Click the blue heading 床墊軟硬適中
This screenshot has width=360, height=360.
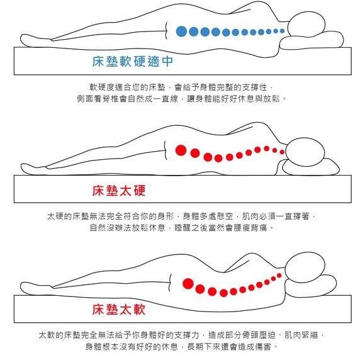132,61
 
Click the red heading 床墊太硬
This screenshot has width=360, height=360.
119,191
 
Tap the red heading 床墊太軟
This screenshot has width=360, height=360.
119,310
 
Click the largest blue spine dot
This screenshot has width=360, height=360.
181,31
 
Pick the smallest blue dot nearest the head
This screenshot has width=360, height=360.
282,31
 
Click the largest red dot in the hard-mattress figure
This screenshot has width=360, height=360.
181,150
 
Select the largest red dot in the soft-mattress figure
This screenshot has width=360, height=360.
188,284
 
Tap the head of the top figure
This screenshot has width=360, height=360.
307,25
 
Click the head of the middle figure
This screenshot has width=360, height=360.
305,152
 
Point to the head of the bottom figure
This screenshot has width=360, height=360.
305,267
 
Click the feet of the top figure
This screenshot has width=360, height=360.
35,41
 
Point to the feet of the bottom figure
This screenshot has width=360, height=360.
36,288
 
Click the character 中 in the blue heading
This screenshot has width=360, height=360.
167,61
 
